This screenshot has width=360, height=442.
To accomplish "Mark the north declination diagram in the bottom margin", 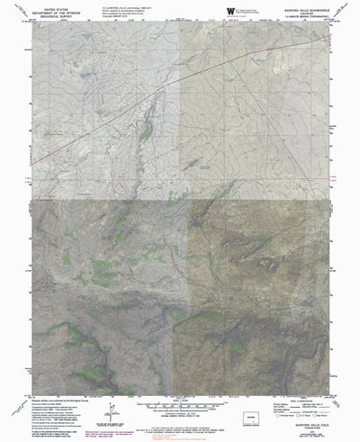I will click(110, 410).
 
